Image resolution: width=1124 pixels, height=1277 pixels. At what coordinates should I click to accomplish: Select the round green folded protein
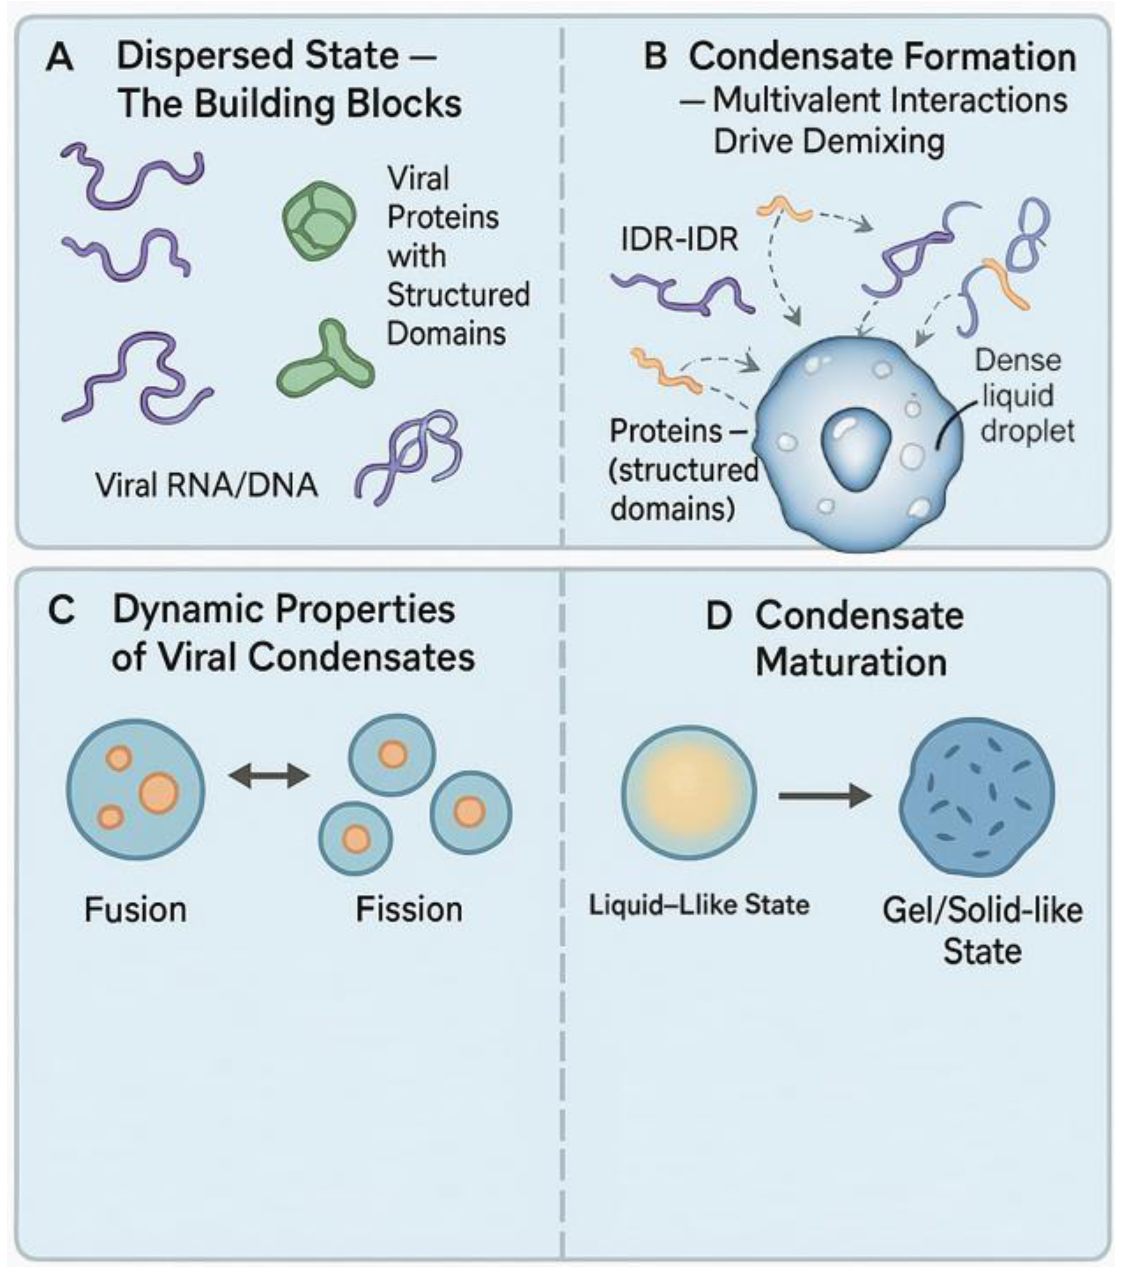point(319,220)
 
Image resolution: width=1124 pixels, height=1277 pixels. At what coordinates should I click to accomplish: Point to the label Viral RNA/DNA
point(206,485)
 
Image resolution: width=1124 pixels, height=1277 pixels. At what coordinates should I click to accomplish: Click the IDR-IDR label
point(679,239)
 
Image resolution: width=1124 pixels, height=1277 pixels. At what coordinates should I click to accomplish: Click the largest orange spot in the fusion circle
point(159,793)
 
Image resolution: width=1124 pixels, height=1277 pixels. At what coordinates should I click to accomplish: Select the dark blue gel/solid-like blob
point(976,797)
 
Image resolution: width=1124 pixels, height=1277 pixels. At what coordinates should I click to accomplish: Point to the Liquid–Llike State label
point(699,905)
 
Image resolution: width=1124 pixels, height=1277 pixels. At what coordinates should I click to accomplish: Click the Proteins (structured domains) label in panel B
point(682,470)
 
